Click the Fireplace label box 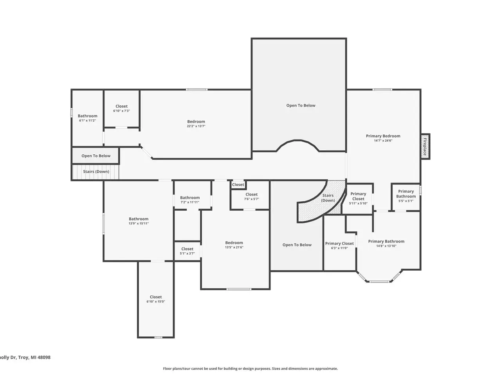point(425,146)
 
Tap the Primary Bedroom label point(383,136)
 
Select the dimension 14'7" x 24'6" point(383,141)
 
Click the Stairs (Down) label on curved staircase point(328,198)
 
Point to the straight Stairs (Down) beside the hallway point(96,172)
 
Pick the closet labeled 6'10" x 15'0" point(156,299)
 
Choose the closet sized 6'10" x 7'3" point(121,108)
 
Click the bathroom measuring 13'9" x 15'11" point(139,221)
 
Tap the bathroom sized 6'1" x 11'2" point(87,118)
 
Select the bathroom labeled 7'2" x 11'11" point(190,200)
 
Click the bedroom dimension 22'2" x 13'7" point(196,126)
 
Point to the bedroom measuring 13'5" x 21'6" point(234,245)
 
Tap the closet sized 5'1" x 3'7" point(187,251)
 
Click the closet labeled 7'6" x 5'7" point(251,197)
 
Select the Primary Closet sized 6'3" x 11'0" point(339,246)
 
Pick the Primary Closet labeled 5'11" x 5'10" point(358,199)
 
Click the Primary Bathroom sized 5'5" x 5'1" point(406,196)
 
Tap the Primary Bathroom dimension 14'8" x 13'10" point(386,246)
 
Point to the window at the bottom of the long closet point(159,337)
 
